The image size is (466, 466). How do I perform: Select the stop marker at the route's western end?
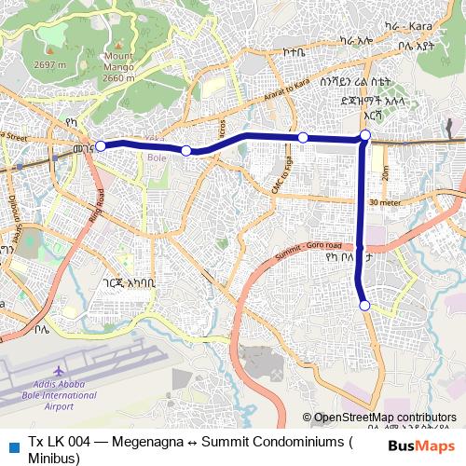click(101, 145)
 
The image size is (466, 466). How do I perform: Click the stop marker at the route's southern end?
click(365, 306)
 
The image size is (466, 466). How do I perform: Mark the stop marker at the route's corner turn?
click(365, 137)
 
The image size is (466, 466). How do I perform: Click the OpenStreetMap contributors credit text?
click(385, 418)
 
